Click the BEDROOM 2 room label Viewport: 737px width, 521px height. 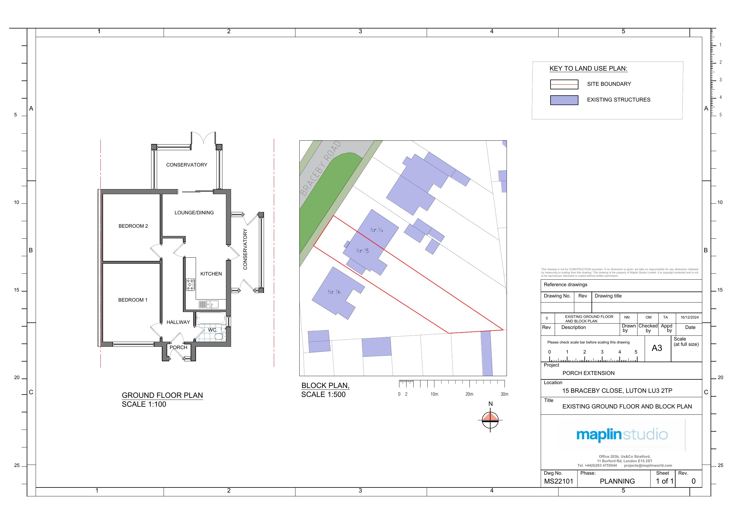(133, 226)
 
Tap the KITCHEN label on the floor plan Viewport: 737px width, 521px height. (211, 274)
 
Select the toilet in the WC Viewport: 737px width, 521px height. (219, 336)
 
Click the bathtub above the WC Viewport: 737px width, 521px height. (211, 318)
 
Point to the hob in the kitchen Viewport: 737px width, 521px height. (191, 285)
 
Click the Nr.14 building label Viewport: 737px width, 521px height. (377, 230)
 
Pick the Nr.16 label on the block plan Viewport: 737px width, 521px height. (334, 292)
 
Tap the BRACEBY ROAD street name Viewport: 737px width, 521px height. (320, 169)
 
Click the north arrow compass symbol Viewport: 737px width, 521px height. (490, 420)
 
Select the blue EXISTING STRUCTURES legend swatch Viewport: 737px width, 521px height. (564, 100)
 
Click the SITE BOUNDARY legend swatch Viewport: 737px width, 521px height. (564, 84)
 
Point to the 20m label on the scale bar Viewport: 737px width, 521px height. (469, 394)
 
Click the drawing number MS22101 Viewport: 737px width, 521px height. (559, 481)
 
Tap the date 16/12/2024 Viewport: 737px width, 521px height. (689, 317)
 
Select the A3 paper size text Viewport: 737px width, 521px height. (657, 348)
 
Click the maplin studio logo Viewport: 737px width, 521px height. (622, 435)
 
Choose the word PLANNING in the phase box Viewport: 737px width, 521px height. (617, 481)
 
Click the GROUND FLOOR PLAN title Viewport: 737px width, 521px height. (162, 395)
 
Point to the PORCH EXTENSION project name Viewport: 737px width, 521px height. (588, 373)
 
